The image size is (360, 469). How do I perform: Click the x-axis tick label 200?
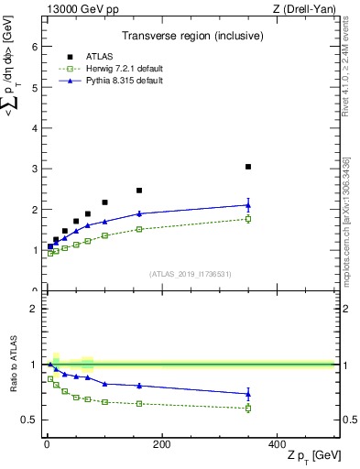[x=161, y=444]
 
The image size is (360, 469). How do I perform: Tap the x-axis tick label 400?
[x=276, y=444]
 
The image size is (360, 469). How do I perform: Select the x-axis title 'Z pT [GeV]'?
[x=314, y=457]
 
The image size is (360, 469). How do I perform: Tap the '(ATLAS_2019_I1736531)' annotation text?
[x=190, y=274]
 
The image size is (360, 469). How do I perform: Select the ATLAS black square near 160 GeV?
[x=139, y=191]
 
